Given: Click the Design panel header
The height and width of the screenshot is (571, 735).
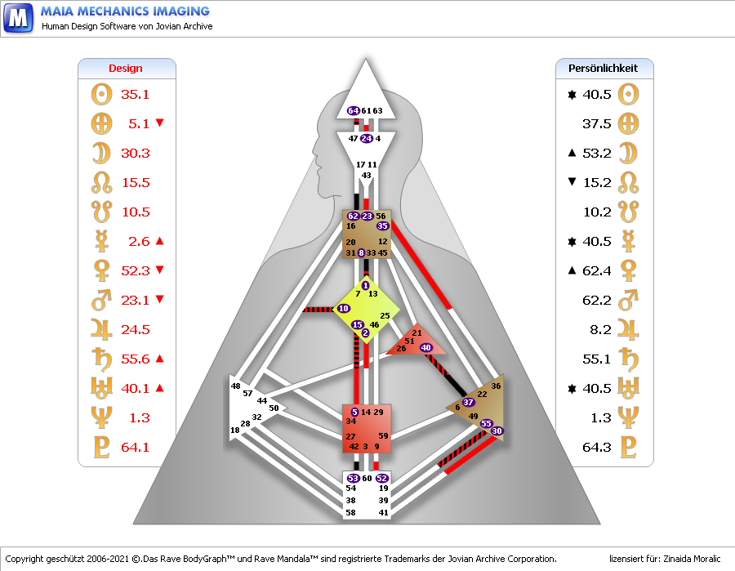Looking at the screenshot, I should (126, 69).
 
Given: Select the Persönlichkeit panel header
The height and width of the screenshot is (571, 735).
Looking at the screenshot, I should (604, 69).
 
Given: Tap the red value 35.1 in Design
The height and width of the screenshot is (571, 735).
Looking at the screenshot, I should (135, 94).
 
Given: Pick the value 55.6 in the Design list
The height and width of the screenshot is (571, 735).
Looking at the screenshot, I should (135, 359).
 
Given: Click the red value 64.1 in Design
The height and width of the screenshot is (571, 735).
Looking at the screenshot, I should (135, 447).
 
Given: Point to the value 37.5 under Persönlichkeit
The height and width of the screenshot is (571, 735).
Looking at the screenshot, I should (597, 123).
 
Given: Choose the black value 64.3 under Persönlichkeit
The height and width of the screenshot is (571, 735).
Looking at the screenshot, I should (597, 447).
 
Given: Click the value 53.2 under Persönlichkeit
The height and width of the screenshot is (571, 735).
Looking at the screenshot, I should (597, 153).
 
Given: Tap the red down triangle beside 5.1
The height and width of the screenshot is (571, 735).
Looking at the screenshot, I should (160, 123).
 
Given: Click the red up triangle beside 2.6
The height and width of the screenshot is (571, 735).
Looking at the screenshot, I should (160, 241).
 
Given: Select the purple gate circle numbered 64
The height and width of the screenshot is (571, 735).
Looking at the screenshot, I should (354, 110).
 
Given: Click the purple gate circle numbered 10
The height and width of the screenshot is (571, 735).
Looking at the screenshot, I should (343, 308).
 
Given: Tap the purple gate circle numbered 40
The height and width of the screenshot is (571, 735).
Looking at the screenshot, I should (425, 348).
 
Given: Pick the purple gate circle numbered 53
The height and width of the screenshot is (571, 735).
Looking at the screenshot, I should (354, 478).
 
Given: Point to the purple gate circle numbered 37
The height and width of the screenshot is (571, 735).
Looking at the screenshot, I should (468, 402).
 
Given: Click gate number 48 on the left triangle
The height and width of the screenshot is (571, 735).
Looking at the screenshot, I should (236, 386).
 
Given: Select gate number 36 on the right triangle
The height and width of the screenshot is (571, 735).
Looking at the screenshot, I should (496, 386).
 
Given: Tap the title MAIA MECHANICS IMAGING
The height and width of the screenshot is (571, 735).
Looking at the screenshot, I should (125, 11).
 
